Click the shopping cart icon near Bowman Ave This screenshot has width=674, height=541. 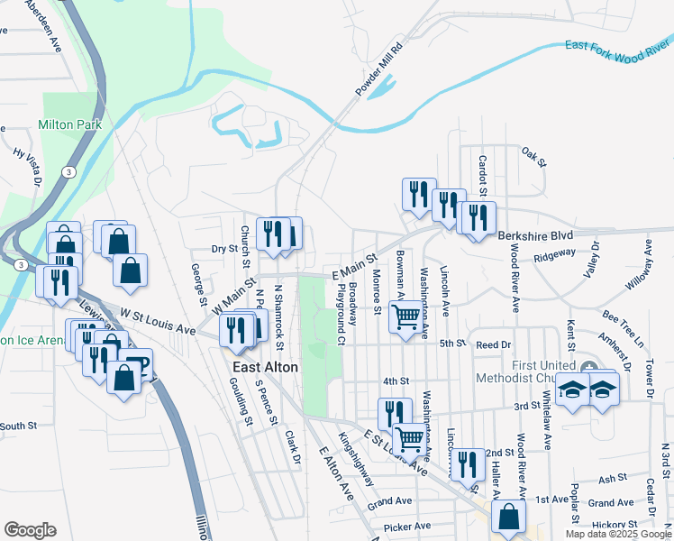[x=406, y=318]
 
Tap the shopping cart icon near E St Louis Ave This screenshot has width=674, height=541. [x=411, y=439]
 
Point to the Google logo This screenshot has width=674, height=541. [x=30, y=530]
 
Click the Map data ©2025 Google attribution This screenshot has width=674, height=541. [x=618, y=534]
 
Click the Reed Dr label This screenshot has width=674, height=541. [x=493, y=344]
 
